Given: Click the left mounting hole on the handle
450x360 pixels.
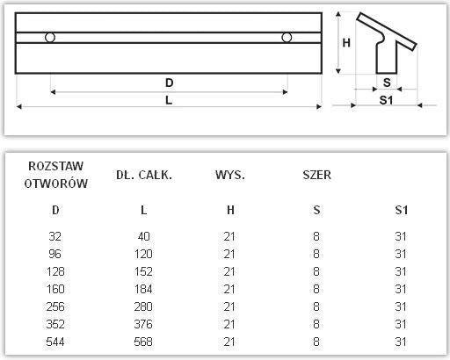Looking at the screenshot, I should (50, 37).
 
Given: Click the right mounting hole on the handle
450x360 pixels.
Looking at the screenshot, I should (287, 37).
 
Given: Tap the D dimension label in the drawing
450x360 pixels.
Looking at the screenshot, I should (169, 83).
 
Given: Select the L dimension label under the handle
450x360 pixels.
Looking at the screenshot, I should (169, 99).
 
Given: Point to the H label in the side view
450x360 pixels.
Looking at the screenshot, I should (346, 42).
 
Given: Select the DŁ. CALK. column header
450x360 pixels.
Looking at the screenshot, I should (144, 175).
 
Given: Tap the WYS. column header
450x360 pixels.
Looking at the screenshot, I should (229, 175).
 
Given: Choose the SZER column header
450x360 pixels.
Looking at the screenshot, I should (316, 175).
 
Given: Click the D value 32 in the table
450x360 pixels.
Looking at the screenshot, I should (57, 237).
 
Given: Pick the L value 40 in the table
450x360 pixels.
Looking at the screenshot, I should (144, 237).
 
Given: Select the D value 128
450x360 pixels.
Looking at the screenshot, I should (57, 270).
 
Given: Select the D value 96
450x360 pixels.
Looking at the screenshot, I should (57, 254).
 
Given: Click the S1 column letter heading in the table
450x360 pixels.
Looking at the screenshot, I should (402, 209).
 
